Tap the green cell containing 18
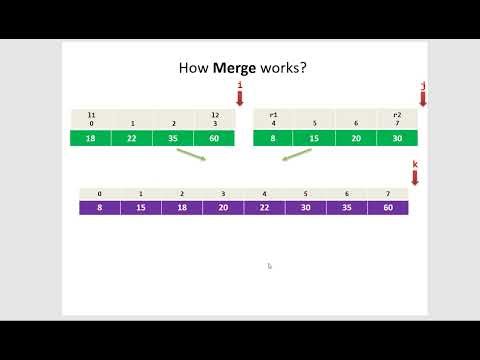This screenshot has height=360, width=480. pyautogui.click(x=90, y=138)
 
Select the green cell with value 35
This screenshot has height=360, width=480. pyautogui.click(x=173, y=138)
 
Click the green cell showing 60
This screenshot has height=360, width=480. pyautogui.click(x=214, y=138)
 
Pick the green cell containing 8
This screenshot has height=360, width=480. pyautogui.click(x=274, y=138)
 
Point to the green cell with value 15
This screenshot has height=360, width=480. pyautogui.click(x=315, y=138)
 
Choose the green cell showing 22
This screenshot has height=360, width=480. pyautogui.click(x=132, y=138)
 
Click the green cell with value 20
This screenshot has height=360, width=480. pyautogui.click(x=356, y=138)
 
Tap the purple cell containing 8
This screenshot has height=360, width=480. pyautogui.click(x=99, y=208)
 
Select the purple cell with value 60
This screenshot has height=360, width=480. pyautogui.click(x=387, y=208)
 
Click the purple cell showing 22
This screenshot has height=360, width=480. pyautogui.click(x=264, y=208)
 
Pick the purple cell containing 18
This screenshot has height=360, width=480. pyautogui.click(x=182, y=208)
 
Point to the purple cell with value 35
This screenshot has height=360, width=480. pyautogui.click(x=346, y=208)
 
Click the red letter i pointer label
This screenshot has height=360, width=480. pyautogui.click(x=240, y=86)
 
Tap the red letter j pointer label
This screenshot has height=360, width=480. pyautogui.click(x=423, y=86)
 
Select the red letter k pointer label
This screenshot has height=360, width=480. pyautogui.click(x=415, y=162)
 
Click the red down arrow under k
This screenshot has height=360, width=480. pyautogui.click(x=415, y=177)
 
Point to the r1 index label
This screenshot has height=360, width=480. pyautogui.click(x=274, y=115)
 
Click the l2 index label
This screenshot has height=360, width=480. pyautogui.click(x=214, y=115)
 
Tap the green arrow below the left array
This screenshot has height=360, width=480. pyautogui.click(x=189, y=158)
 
